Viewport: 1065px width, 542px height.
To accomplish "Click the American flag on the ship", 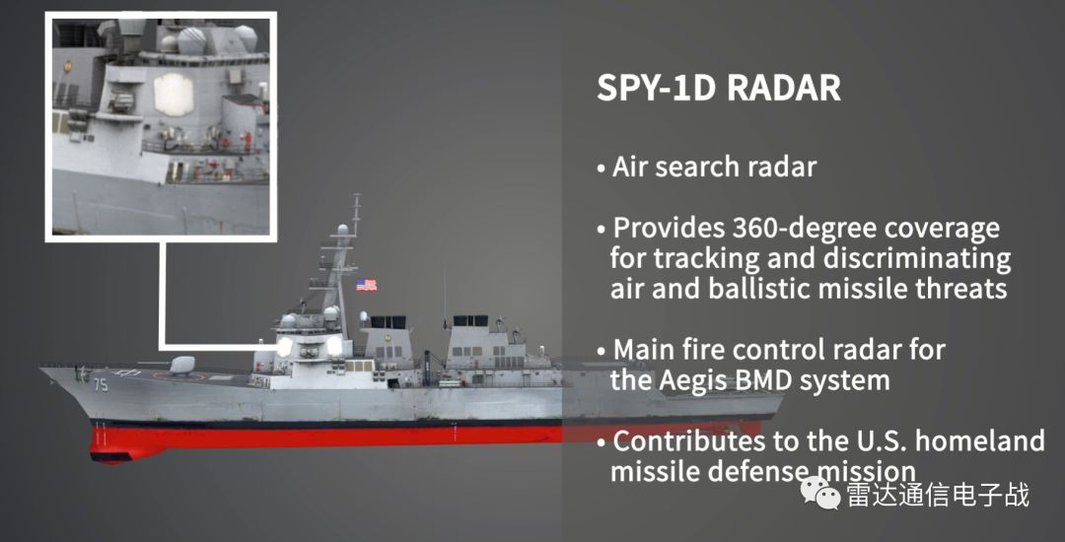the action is click(x=366, y=284).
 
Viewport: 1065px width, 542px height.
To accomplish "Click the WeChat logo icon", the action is click(x=820, y=492).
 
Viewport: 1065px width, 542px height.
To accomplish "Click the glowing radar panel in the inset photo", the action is click(x=174, y=94).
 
